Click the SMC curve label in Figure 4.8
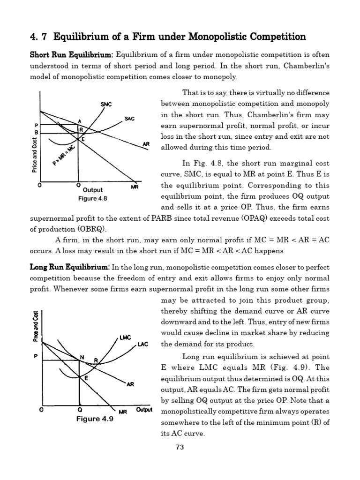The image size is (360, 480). pos(106,104)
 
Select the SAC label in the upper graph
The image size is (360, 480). pos(129,119)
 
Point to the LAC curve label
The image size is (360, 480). pos(142,345)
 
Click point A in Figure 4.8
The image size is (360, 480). pos(79,121)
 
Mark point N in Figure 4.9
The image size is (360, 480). pos(82,358)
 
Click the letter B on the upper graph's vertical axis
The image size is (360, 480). pos(37,133)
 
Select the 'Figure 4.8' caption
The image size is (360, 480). pos(92,198)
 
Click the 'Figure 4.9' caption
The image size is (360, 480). pos(95,419)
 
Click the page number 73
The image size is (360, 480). pos(180,447)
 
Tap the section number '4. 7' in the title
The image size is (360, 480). pos(39,37)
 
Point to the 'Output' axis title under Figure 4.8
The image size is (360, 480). pos(92,190)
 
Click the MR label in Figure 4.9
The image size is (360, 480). pos(123,412)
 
